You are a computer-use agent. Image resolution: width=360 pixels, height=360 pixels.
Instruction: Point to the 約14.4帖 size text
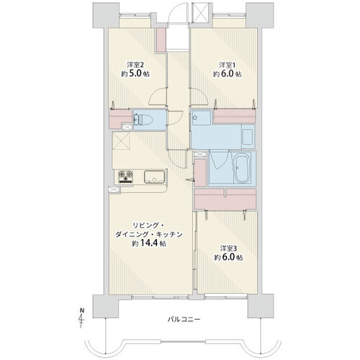149,243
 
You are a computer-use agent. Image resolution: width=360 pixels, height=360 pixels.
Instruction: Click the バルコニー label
184,320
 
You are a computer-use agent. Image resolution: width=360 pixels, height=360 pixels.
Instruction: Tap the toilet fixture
143,120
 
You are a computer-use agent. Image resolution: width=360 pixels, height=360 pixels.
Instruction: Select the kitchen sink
154,177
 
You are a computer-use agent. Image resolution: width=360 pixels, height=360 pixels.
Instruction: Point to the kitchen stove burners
126,176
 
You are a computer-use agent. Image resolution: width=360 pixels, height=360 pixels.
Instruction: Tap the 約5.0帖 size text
135,73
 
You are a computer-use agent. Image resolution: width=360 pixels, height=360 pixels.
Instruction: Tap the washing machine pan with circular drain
202,117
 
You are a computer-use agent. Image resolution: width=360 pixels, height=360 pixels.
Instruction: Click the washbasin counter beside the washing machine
248,136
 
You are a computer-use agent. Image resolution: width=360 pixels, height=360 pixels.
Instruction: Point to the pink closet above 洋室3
225,199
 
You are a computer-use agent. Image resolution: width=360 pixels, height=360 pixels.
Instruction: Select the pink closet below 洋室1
234,117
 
